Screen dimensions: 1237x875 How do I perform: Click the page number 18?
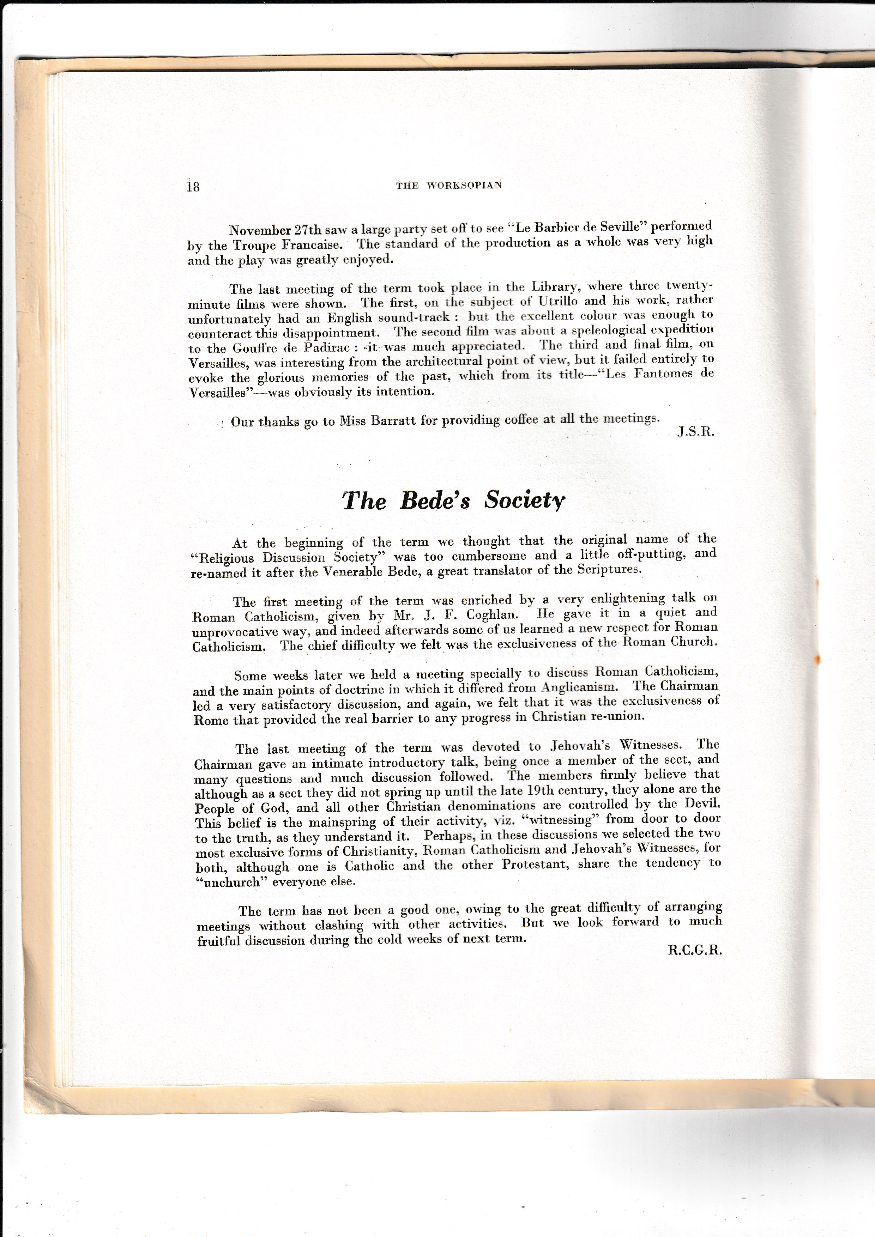point(193,186)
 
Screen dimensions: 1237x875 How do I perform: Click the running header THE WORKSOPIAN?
point(449,185)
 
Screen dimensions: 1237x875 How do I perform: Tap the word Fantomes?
point(663,374)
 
